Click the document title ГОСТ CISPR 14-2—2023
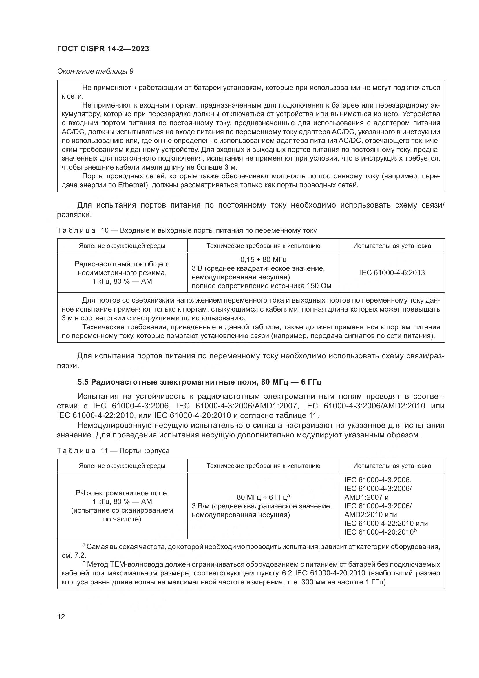tap(103, 49)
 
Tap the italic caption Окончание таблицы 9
tap(95, 72)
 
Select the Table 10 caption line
tap(187, 231)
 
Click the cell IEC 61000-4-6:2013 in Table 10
tap(392, 272)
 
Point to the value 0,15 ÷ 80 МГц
tap(263, 259)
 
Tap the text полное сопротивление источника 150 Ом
tap(261, 286)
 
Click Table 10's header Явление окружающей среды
tap(122, 246)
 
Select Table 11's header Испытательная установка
tap(392, 466)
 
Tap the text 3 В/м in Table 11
tap(200, 506)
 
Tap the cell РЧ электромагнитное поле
tap(122, 493)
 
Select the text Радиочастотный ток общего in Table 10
tap(122, 264)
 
